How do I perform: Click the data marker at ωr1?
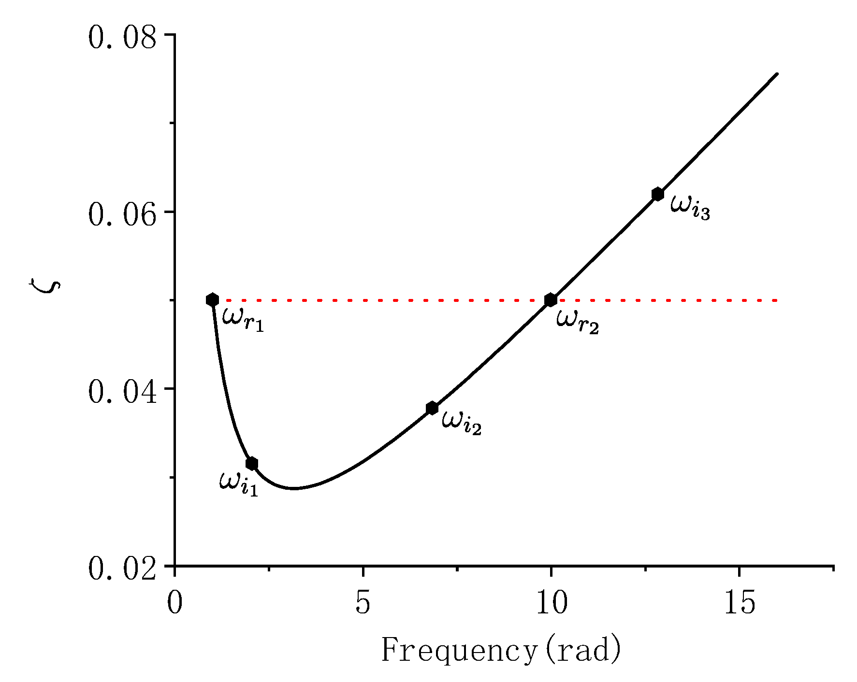212,300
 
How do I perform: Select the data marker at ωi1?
251,464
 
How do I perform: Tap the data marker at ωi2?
432,408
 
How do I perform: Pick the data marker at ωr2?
551,300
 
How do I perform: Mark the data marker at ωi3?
657,194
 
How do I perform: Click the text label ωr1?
243,320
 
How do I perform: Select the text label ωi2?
462,423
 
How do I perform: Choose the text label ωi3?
690,208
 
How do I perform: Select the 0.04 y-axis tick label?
123,392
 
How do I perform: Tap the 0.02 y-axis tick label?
123,568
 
